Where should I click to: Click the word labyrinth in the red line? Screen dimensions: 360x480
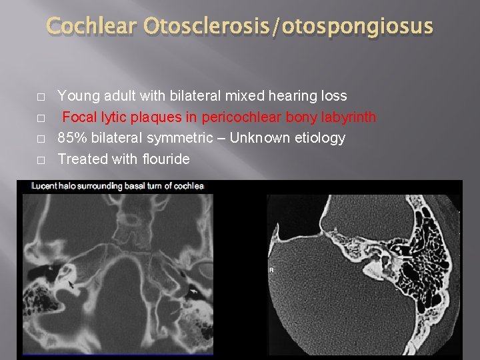(x=346, y=117)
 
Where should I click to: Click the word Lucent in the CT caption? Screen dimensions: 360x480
(x=45, y=186)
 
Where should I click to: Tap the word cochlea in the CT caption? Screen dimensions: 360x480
(x=190, y=186)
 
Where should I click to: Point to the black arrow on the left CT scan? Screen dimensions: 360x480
(x=71, y=285)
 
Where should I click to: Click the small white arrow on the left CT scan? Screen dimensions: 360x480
(x=193, y=291)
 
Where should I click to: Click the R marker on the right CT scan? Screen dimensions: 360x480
(x=271, y=271)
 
